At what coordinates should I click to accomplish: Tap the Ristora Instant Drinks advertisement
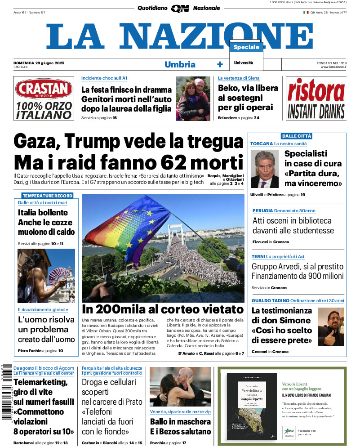316,98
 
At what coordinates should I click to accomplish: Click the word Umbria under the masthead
180,64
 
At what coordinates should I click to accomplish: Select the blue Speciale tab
246,47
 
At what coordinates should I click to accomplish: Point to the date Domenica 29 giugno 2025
39,63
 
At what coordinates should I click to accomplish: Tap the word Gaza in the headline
37,141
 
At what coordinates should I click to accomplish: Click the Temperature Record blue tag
47,196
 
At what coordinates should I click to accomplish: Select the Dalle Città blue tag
296,136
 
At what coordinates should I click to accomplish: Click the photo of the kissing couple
180,387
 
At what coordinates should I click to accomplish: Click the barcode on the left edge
6,391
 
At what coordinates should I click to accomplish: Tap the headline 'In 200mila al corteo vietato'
163,309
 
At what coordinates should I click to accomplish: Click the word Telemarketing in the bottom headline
40,382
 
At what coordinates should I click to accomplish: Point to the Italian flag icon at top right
306,13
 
